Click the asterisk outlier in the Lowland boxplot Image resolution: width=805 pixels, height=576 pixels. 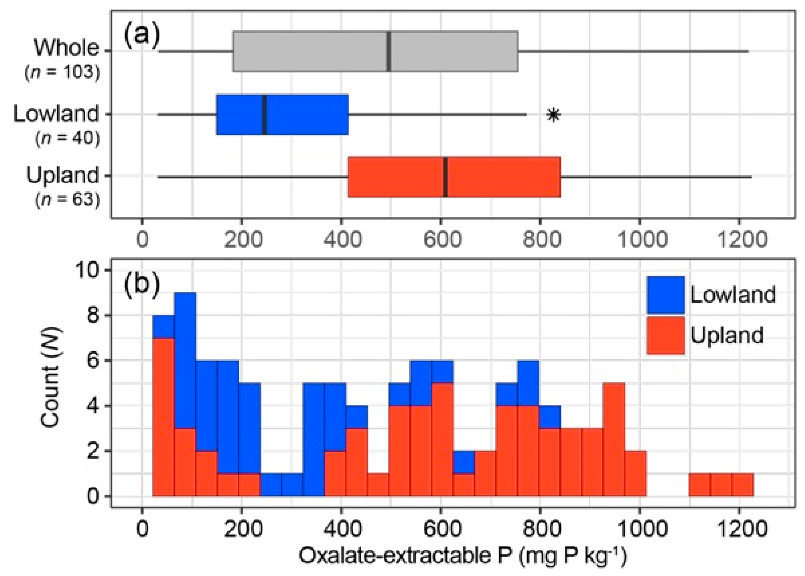[553, 115]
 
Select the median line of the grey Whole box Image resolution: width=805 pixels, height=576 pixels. [389, 52]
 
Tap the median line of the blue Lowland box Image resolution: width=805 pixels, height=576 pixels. [265, 114]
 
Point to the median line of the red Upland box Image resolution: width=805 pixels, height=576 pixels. [445, 177]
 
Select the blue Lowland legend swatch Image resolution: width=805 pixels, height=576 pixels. [665, 295]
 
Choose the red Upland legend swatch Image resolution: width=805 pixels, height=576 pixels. [665, 335]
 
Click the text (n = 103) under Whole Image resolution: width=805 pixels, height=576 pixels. [62, 73]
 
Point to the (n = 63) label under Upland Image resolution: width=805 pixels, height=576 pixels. [67, 200]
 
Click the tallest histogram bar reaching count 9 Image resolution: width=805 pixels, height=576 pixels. [185, 394]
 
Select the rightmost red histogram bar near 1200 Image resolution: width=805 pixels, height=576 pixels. [742, 485]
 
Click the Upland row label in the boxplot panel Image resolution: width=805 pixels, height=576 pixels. [63, 175]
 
